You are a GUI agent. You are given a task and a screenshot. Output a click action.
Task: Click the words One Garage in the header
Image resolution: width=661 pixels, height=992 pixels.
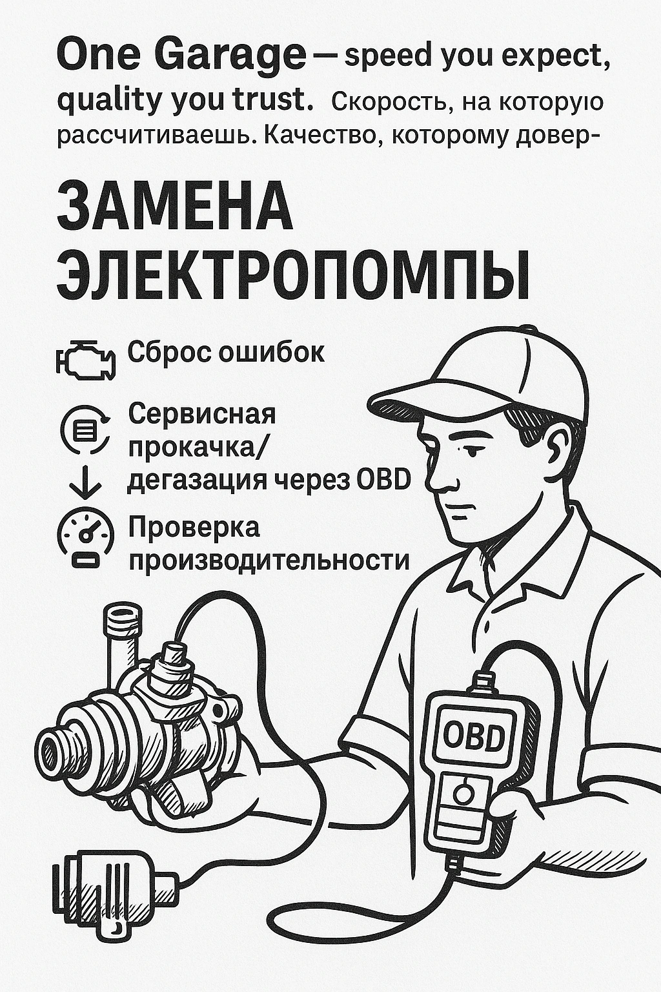click(x=181, y=57)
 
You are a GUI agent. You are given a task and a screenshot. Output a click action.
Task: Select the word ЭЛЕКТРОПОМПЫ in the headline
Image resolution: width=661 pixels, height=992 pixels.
click(x=294, y=274)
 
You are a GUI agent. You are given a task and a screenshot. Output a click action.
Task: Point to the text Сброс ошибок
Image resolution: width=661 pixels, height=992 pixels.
click(x=226, y=353)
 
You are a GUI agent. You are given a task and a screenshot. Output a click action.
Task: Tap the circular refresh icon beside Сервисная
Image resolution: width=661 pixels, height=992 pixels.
click(x=86, y=429)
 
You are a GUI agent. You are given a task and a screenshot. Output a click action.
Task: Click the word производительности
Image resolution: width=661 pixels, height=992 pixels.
click(x=269, y=559)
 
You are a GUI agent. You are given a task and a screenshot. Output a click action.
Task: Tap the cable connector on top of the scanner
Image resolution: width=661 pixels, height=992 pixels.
click(x=483, y=681)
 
